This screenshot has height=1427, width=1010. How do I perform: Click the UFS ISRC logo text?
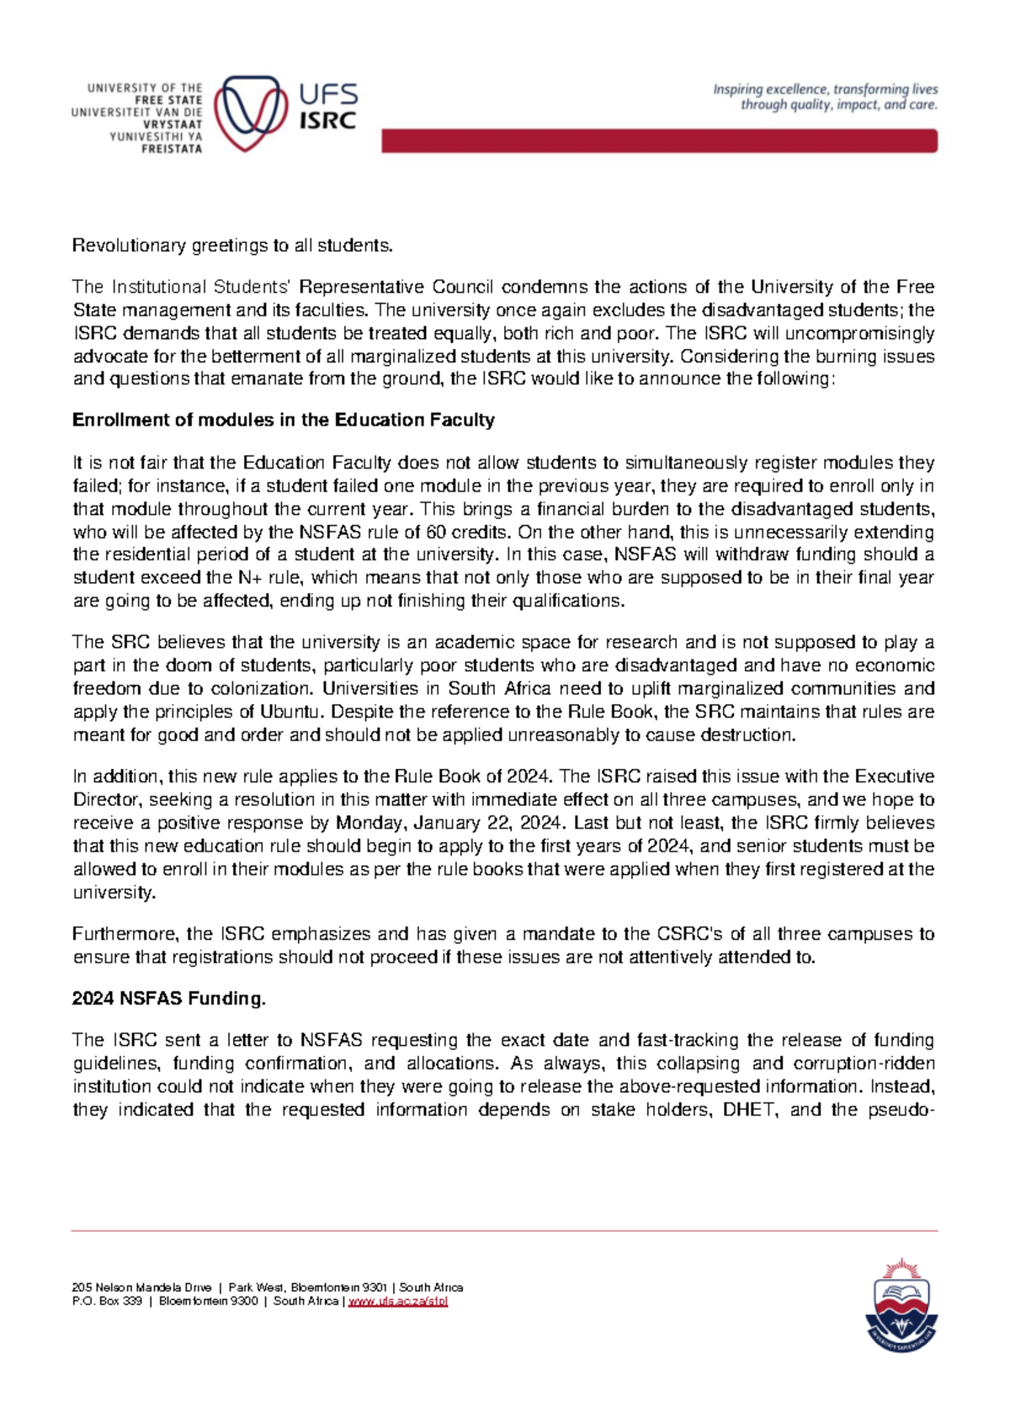pyautogui.click(x=328, y=107)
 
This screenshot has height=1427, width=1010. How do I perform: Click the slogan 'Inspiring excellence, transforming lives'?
pyautogui.click(x=825, y=89)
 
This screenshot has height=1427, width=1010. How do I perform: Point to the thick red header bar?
pyautogui.click(x=659, y=141)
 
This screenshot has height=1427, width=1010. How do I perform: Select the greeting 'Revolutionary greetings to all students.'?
pyautogui.click(x=232, y=246)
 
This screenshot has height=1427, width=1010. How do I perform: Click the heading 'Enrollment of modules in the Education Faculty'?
pyautogui.click(x=283, y=420)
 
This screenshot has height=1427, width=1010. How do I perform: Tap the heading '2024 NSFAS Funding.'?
pyautogui.click(x=168, y=999)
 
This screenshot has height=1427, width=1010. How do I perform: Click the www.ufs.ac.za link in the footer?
pyautogui.click(x=397, y=1302)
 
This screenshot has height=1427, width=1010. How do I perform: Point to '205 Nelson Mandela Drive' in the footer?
pyautogui.click(x=141, y=1287)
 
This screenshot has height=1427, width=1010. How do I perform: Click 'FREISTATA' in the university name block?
pyautogui.click(x=172, y=149)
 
